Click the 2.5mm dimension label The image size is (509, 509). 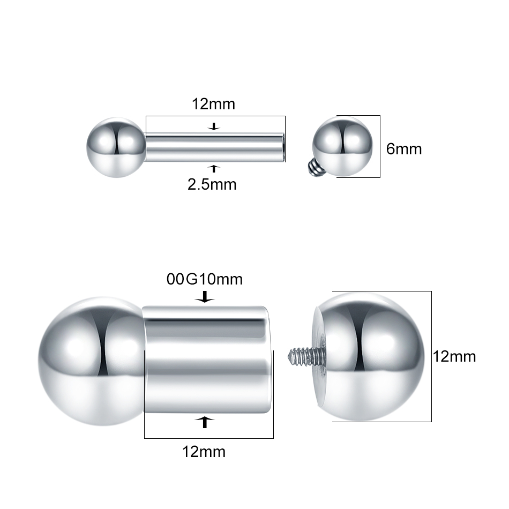(x=212, y=184)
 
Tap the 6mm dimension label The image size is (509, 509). (x=404, y=149)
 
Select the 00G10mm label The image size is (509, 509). (x=205, y=279)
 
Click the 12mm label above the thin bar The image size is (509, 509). (x=213, y=104)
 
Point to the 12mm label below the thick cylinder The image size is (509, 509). (x=204, y=452)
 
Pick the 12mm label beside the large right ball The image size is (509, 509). (x=454, y=357)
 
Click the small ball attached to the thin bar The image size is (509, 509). (x=116, y=147)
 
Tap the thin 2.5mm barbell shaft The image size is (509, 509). (x=215, y=147)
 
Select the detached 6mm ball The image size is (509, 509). (x=342, y=147)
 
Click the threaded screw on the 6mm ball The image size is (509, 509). (x=313, y=167)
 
